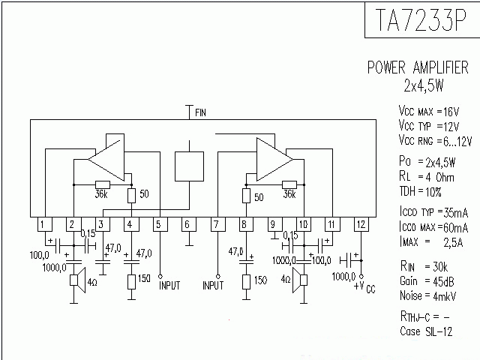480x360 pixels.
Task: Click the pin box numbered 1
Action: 45,224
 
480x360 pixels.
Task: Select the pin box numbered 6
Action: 188,224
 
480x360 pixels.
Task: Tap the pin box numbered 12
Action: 361,224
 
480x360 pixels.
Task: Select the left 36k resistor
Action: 102,184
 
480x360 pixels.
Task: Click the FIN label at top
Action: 201,112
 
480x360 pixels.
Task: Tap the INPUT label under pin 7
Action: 213,286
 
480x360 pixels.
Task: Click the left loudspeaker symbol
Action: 76,281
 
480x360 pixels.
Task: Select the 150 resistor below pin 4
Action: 131,281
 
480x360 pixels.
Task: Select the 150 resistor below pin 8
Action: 245,281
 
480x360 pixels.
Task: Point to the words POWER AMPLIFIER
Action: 418,67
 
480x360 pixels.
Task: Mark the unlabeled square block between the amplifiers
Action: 189,166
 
